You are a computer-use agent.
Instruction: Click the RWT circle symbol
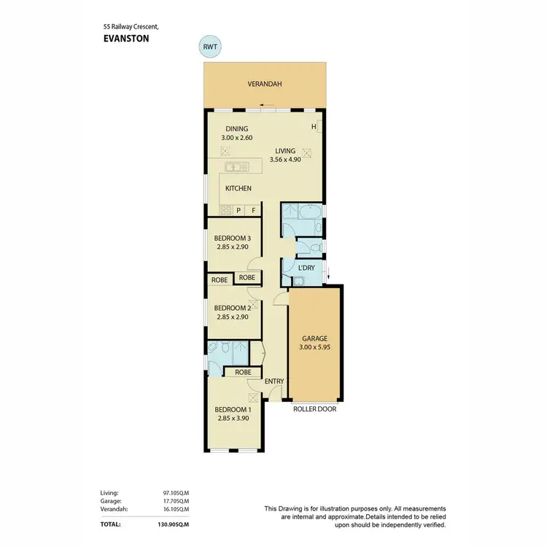click(210, 47)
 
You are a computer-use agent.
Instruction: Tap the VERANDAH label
click(264, 85)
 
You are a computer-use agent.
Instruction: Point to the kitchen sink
click(235, 168)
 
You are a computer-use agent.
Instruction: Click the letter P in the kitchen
click(238, 212)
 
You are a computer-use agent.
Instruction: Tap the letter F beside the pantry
click(254, 212)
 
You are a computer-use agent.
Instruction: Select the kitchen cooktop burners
click(225, 212)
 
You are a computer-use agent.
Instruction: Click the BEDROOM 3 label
click(233, 238)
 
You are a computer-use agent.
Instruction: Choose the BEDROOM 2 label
click(233, 308)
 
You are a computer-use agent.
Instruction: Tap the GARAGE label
click(316, 338)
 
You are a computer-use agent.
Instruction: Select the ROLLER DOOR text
click(314, 409)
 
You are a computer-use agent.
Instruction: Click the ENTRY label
click(274, 381)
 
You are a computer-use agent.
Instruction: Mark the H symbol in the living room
click(314, 127)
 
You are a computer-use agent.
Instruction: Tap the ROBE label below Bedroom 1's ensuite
click(243, 372)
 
